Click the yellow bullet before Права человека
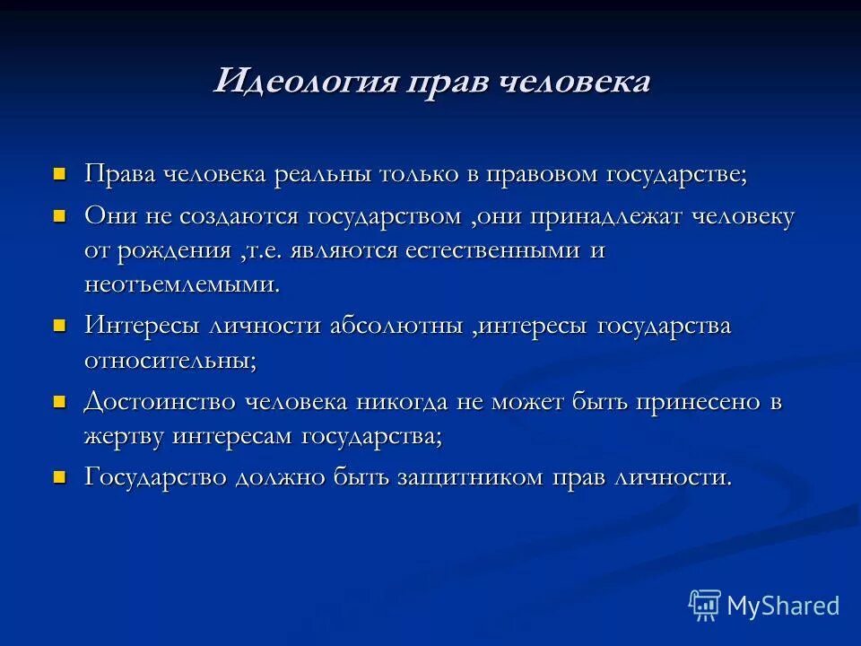[61, 172]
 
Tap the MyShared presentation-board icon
[705, 606]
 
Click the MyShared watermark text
[783, 606]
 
